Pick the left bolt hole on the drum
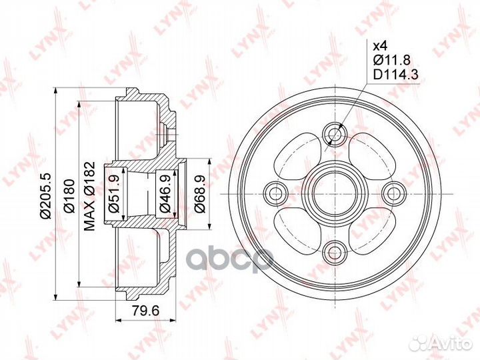click(273, 193)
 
